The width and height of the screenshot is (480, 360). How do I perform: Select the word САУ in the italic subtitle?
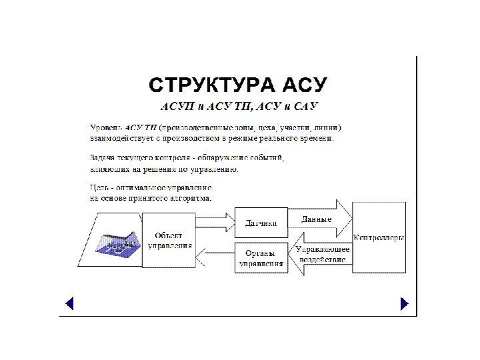306,107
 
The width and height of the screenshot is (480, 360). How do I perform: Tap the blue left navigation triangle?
69,304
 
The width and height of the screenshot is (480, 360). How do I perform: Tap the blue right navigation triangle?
403,304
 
